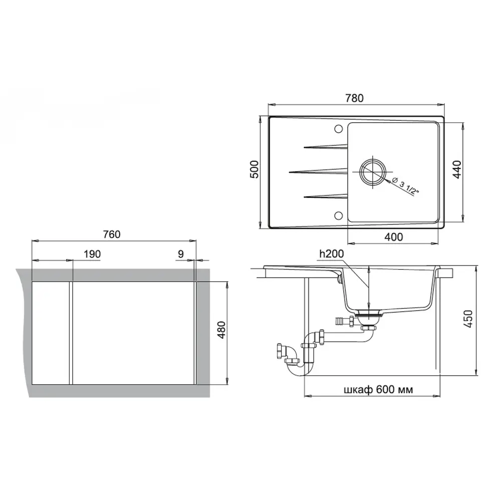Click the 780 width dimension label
tap(354, 98)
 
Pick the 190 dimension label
tap(92, 254)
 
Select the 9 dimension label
tap(180, 254)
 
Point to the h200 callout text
tap(331, 255)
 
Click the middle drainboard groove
tap(318, 171)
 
